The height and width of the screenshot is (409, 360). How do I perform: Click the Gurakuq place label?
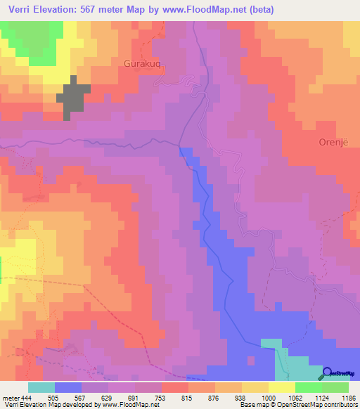(x=145, y=62)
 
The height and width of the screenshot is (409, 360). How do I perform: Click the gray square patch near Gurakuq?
(x=77, y=100)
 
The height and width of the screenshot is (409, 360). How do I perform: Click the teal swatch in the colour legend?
(x=41, y=387)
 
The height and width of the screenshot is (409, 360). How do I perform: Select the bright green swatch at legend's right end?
(x=335, y=387)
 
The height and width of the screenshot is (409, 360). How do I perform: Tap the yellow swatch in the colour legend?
(x=282, y=387)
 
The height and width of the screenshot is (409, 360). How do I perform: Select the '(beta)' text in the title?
(x=257, y=10)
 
